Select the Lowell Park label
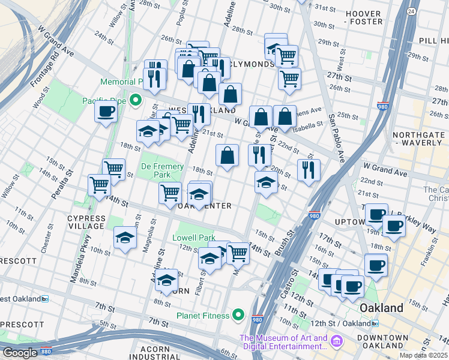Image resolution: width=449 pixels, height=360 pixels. point(194,238)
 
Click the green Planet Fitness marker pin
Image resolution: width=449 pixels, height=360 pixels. point(239,315)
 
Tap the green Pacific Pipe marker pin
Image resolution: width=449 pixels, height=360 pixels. point(136,100)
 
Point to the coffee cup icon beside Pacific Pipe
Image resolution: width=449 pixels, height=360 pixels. point(106,111)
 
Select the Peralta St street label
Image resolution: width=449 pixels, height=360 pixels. point(69,181)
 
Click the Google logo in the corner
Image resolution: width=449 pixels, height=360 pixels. point(19,353)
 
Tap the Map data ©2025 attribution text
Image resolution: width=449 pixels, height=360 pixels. point(424,356)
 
